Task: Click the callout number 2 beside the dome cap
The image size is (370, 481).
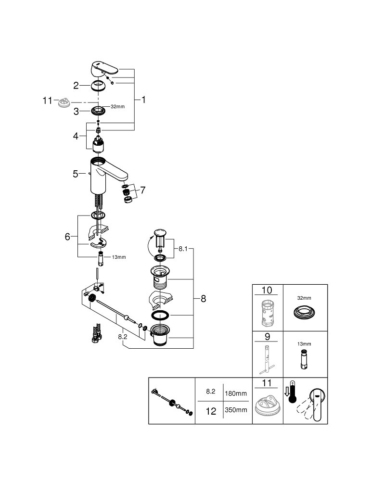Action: (76, 86)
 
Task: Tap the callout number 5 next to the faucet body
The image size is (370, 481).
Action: (76, 174)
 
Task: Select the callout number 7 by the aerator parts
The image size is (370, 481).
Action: (142, 190)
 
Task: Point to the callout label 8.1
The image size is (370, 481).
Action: (183, 249)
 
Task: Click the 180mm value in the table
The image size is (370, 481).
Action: (236, 393)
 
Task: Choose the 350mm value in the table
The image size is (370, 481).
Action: (236, 410)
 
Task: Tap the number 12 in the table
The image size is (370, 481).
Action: (211, 411)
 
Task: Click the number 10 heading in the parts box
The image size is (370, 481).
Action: (267, 290)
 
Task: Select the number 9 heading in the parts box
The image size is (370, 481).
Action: (267, 337)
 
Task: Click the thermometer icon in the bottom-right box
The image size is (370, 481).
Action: (292, 392)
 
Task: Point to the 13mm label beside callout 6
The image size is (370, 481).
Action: (119, 257)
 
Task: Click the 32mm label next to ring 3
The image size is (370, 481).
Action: (117, 106)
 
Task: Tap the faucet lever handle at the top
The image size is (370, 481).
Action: (104, 68)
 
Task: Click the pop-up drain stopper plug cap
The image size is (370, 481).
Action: (160, 232)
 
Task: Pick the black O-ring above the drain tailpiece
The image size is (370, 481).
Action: (160, 315)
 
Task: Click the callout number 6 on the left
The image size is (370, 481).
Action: (67, 237)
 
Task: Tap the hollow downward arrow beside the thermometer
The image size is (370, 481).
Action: (287, 392)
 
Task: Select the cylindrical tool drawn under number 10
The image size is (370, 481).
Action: (267, 313)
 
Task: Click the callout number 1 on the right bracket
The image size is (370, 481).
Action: (143, 100)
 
